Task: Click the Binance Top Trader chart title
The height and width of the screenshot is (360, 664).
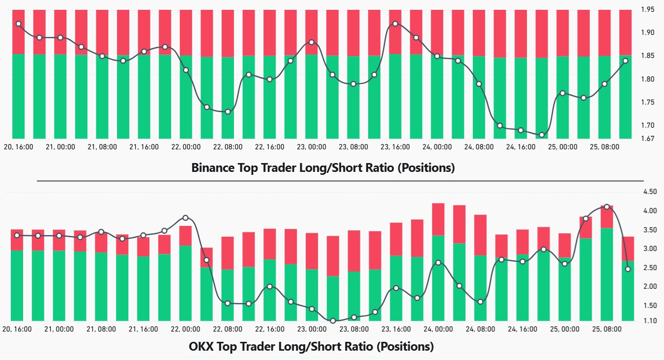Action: pos(323,168)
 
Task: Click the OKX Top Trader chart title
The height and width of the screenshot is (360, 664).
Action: pos(311,347)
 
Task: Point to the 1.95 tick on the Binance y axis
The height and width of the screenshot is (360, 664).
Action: pos(648,9)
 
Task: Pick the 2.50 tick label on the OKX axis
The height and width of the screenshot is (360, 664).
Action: pos(648,268)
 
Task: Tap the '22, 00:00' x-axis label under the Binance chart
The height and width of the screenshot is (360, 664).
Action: pos(185,147)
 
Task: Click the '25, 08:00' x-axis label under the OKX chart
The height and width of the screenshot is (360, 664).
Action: pos(606,329)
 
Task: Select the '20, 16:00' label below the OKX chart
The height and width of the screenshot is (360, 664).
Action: pos(18,329)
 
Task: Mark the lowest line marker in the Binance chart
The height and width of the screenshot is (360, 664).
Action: pos(542,135)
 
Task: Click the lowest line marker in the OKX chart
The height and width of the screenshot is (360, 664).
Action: pos(333,321)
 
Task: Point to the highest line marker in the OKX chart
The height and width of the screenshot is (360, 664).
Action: pos(606,207)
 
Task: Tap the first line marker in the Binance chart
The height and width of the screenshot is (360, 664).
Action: pos(19,24)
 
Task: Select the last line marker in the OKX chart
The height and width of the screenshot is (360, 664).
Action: pos(628,269)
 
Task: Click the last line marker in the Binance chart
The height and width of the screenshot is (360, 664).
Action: pos(626,61)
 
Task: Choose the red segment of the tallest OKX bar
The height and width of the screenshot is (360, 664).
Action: pos(437,219)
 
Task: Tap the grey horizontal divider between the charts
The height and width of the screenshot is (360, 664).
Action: pos(340,181)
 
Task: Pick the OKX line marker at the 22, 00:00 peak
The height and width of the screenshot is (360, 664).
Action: pos(185,218)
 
